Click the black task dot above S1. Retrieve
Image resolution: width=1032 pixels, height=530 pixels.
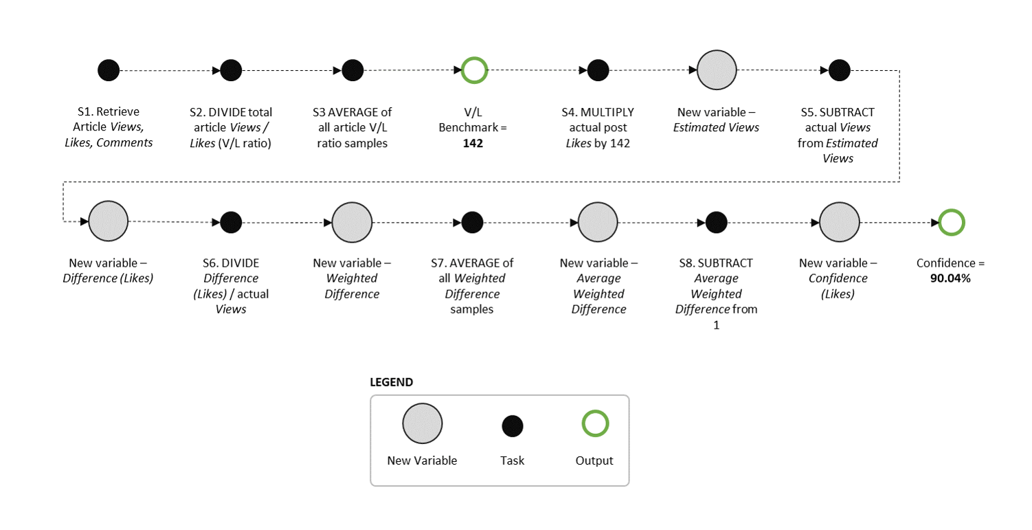pyautogui.click(x=109, y=70)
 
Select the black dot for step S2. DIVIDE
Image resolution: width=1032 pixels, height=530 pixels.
pyautogui.click(x=231, y=70)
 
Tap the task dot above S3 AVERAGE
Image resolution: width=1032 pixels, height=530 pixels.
pyautogui.click(x=352, y=70)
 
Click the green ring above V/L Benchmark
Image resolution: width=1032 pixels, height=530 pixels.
pyautogui.click(x=474, y=70)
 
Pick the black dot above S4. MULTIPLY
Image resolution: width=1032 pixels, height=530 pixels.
pyautogui.click(x=598, y=70)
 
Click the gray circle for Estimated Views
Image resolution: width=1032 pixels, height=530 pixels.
pyautogui.click(x=717, y=70)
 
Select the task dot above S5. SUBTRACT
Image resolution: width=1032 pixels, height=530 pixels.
pyautogui.click(x=839, y=70)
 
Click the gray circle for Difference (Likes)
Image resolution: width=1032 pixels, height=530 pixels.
pyautogui.click(x=109, y=222)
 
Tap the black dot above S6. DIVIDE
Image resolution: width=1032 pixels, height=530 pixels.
pyautogui.click(x=231, y=222)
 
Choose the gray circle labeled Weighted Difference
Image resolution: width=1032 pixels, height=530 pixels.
pyautogui.click(x=352, y=222)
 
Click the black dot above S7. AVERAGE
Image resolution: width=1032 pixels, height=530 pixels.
pyautogui.click(x=472, y=222)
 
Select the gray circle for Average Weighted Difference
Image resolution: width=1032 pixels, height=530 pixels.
pyautogui.click(x=598, y=222)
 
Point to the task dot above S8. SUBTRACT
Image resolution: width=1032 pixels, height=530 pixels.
pyautogui.click(x=716, y=222)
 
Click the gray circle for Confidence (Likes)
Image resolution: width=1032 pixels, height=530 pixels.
pyautogui.click(x=839, y=222)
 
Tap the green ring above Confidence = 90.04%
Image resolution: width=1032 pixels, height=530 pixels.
pyautogui.click(x=952, y=222)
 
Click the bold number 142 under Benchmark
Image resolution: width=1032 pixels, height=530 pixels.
pyautogui.click(x=473, y=143)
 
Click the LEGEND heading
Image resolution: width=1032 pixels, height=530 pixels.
pyautogui.click(x=392, y=382)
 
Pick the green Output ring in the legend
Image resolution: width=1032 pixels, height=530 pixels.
pyautogui.click(x=595, y=423)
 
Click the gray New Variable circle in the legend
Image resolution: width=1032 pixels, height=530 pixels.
pyautogui.click(x=423, y=423)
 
